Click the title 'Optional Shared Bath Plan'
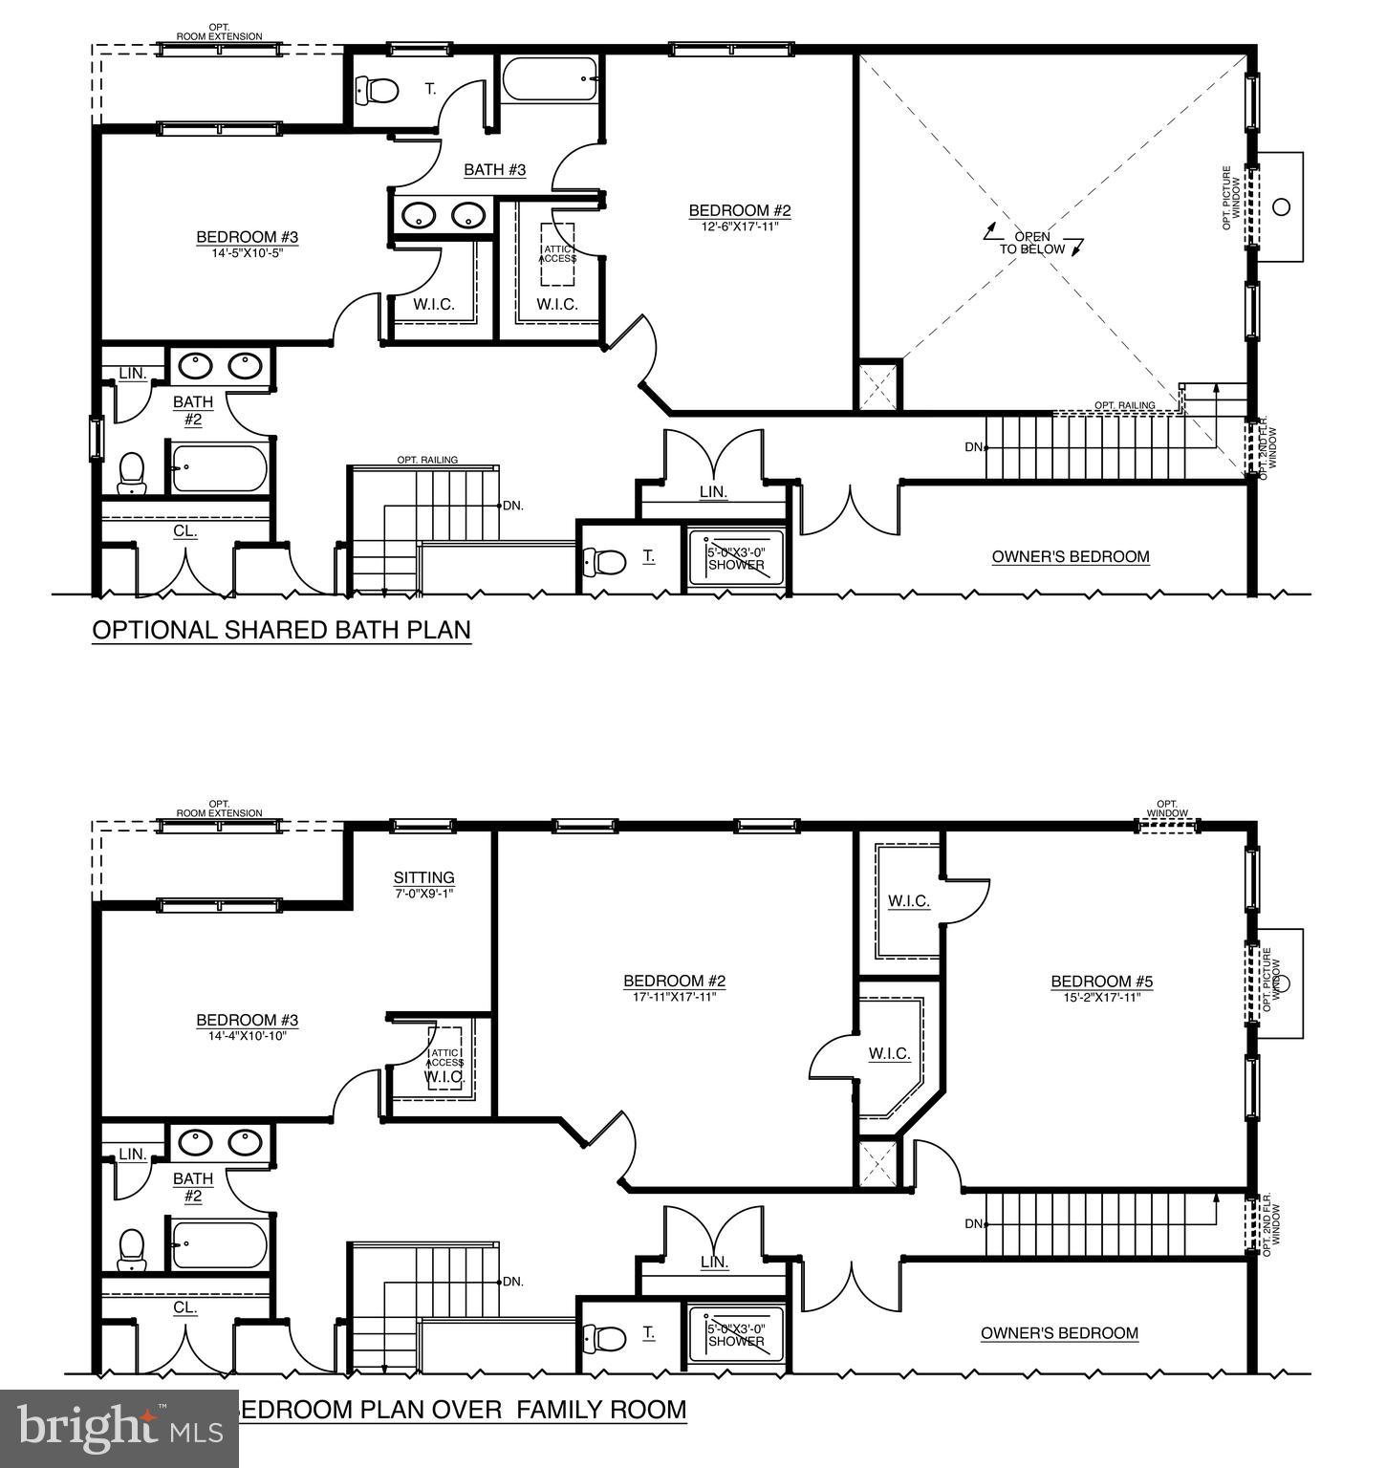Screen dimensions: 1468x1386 tap(281, 630)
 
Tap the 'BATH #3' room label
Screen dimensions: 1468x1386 tap(495, 170)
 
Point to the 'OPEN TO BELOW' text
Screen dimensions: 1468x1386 tap(1032, 243)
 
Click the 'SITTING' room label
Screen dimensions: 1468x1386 tap(423, 877)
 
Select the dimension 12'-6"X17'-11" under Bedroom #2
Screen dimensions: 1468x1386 tap(740, 227)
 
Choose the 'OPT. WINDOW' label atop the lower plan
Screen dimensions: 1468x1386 tap(1166, 809)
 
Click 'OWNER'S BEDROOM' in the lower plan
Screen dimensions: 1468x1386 tap(1059, 1333)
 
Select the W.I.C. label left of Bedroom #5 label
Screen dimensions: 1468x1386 tap(908, 901)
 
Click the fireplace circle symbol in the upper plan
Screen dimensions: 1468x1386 tap(1283, 205)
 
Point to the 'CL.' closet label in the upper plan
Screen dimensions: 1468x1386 tap(184, 531)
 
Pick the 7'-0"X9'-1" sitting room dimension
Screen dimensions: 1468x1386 tap(423, 893)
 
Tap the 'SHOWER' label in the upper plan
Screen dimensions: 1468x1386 tap(736, 565)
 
